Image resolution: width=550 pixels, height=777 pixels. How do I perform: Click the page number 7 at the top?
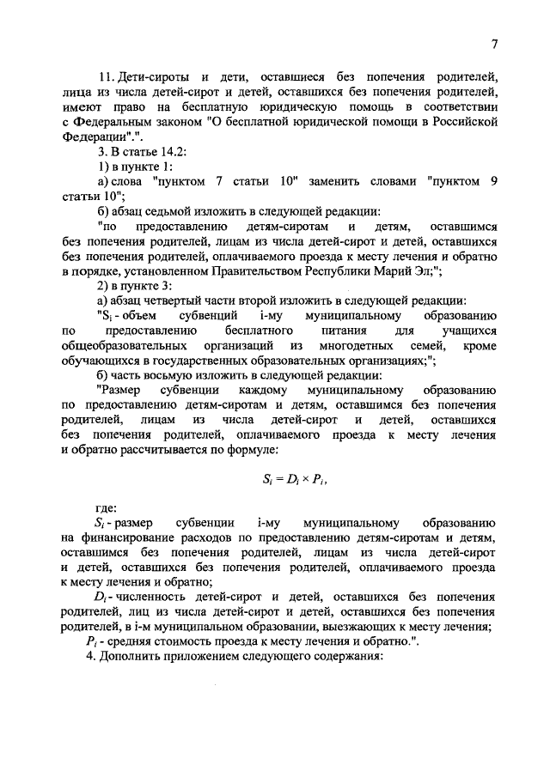pyautogui.click(x=495, y=45)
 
